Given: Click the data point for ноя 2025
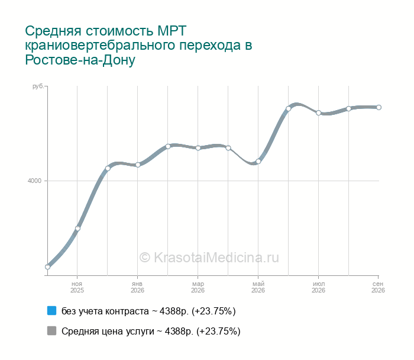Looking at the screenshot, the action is point(77,229).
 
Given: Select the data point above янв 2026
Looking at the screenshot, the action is point(138,165).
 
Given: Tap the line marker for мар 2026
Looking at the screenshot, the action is point(198,148).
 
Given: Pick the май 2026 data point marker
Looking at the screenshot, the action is point(258,162).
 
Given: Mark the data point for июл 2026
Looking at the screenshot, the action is point(318,113).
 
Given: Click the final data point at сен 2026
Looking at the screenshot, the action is point(379,107).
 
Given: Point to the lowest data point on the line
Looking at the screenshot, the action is point(47,267).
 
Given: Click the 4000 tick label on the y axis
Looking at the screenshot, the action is point(34,181).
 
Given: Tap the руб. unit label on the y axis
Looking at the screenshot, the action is point(38,86).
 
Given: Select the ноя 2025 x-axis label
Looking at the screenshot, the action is point(77,287).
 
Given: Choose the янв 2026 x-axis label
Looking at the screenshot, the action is point(137,287).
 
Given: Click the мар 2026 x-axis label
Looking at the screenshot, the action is point(198,287).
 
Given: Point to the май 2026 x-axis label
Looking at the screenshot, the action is point(258,287).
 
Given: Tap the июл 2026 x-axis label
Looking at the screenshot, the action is point(318,287).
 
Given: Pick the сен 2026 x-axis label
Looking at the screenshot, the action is point(378,287).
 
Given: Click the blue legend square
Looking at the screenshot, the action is point(52,311).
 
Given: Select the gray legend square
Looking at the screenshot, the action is point(52,330).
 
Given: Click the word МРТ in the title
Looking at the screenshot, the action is point(172,31).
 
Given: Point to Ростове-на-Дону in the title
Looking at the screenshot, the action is point(80,60).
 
